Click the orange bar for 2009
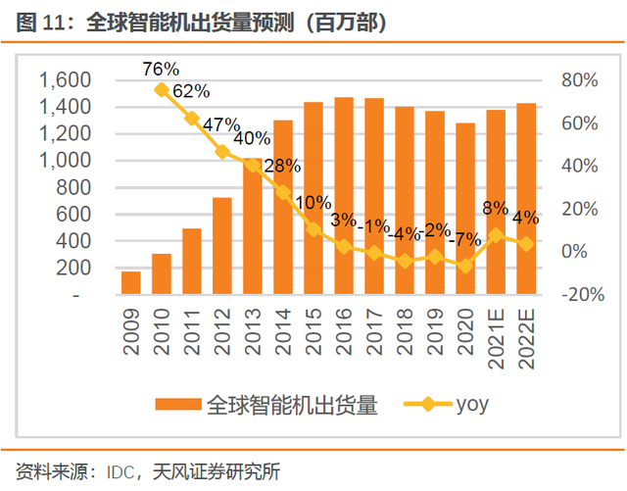click(131, 282)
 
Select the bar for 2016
click(344, 196)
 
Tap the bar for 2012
click(222, 245)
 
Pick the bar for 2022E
click(526, 198)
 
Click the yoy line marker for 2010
click(162, 89)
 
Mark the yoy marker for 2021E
click(496, 235)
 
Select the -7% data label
click(465, 239)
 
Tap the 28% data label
click(282, 165)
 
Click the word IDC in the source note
click(130, 468)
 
